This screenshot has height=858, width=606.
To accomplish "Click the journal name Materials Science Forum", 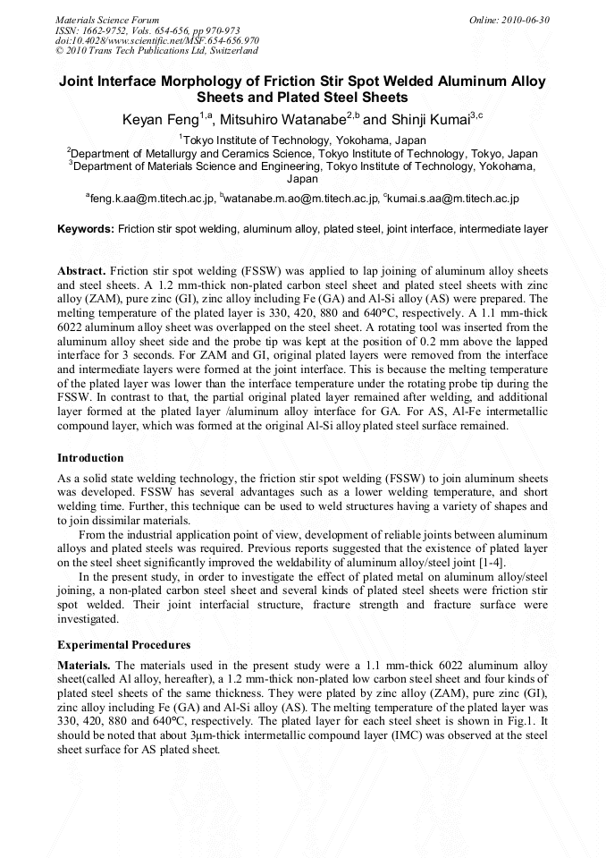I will click(107, 20).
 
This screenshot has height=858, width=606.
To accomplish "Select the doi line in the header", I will click(157, 40).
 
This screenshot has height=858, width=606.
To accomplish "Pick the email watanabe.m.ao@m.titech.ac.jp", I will click(301, 199).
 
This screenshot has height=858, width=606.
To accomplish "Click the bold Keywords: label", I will click(86, 229).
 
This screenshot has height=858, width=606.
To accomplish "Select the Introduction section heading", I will click(90, 458).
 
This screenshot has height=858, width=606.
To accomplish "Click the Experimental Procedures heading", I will click(123, 645).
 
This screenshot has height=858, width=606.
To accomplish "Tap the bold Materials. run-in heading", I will click(85, 666).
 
